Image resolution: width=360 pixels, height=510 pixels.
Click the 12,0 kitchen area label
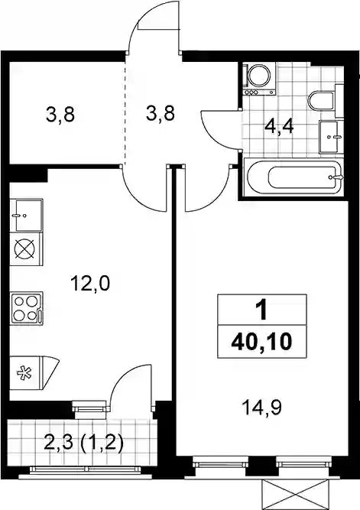(91, 284)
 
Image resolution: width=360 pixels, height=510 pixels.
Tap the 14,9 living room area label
(261, 407)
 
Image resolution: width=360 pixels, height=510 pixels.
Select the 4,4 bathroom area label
(279, 126)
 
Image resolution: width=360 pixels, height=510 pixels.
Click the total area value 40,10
(261, 342)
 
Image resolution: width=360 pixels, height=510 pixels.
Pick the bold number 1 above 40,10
(261, 310)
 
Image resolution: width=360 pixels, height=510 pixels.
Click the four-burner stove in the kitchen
(27, 307)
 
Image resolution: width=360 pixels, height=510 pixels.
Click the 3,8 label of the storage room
(60, 115)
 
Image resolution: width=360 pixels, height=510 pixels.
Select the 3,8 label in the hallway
(161, 113)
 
